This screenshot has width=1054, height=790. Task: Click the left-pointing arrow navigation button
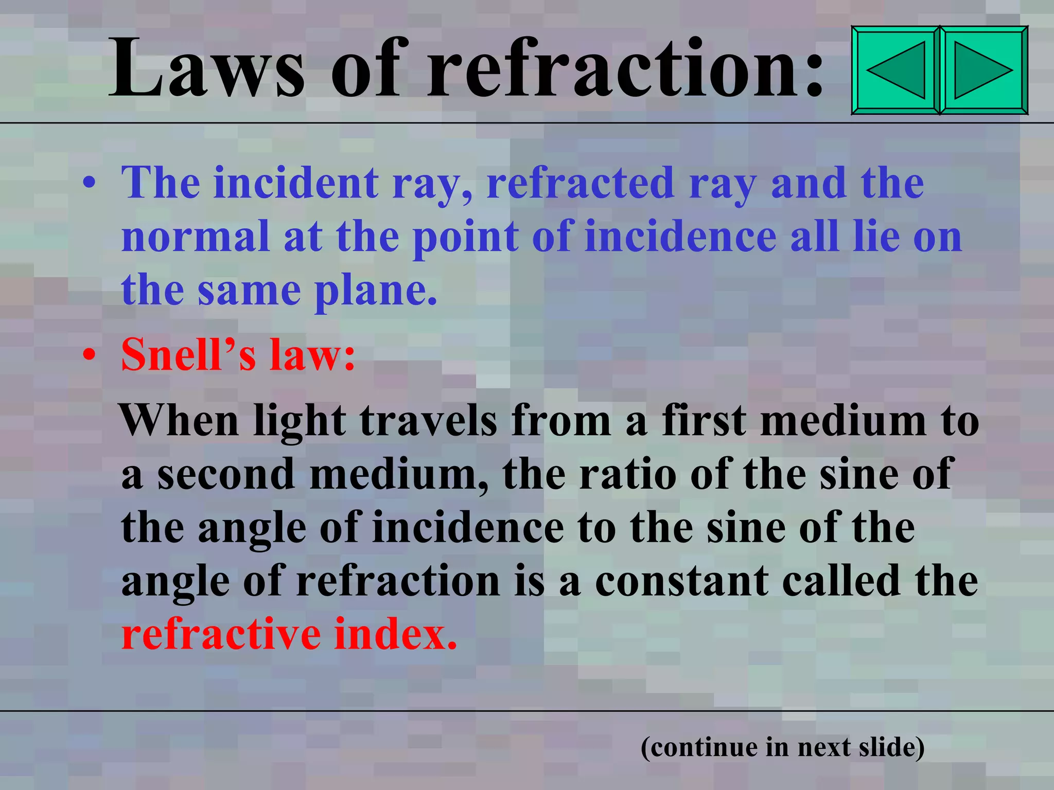coord(895,70)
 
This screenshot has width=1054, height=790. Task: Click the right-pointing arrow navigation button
coord(983,70)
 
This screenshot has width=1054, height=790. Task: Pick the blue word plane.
coord(376,291)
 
